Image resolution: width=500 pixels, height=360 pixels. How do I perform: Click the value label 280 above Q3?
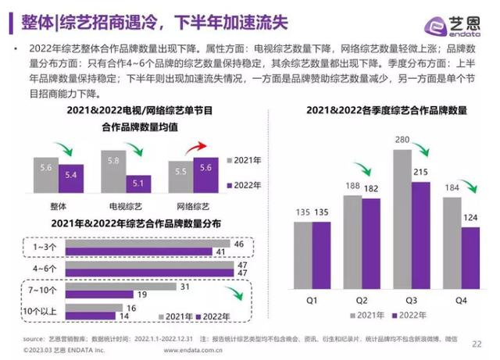pos(402,139)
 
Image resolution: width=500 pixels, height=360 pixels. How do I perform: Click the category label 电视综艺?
pos(126,205)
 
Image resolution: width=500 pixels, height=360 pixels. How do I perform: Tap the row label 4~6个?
pos(44,269)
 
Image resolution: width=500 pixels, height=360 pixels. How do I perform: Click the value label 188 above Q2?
pos(353,186)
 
